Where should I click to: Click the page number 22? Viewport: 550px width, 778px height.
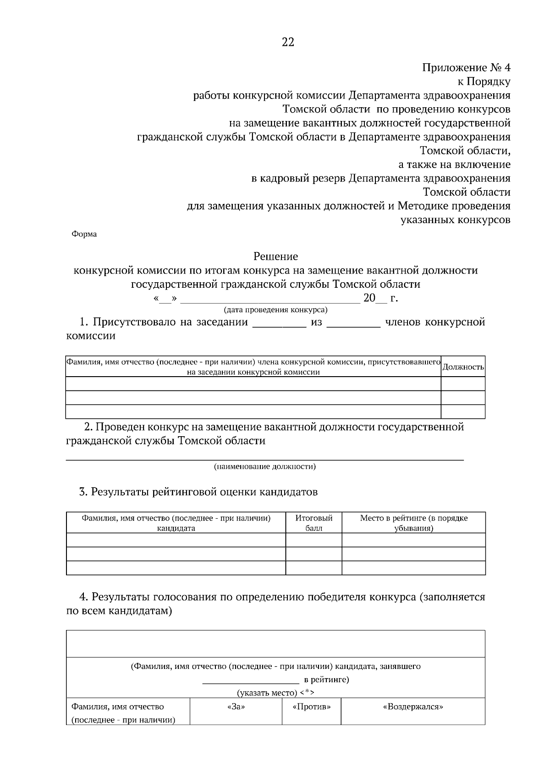tap(288, 42)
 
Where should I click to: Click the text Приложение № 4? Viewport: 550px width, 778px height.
tap(466, 68)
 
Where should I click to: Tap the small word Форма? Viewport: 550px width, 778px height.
tap(84, 234)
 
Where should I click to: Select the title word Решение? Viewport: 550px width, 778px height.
tap(275, 256)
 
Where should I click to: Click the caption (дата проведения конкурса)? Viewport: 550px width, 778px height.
tap(275, 310)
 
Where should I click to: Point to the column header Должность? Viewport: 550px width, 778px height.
tap(463, 367)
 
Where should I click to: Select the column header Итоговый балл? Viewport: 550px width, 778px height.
tap(314, 523)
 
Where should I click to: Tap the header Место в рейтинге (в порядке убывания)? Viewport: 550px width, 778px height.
tap(413, 523)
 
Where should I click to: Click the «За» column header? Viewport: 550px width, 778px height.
tap(236, 707)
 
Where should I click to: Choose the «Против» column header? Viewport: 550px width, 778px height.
tap(311, 707)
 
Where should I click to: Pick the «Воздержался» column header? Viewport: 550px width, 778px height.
tap(413, 707)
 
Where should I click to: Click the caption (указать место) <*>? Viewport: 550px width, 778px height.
tap(275, 693)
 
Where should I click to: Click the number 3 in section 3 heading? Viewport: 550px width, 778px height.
tap(82, 493)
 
